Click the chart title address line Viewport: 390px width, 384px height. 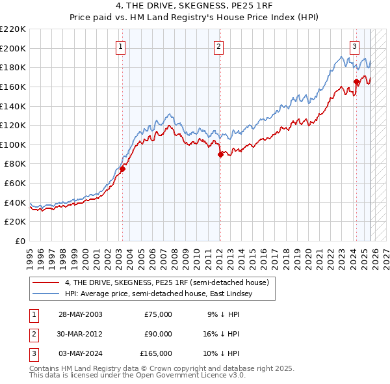pyautogui.click(x=195, y=6)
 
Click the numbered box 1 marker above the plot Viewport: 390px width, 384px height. pyautogui.click(x=122, y=46)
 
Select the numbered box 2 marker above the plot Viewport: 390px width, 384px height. pyautogui.click(x=219, y=46)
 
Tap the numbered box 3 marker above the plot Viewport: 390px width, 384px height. pyautogui.click(x=354, y=46)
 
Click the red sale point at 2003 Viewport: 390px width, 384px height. pyautogui.click(x=122, y=169)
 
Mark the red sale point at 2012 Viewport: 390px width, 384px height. pyautogui.click(x=220, y=154)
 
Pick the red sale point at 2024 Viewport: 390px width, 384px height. pyautogui.click(x=356, y=82)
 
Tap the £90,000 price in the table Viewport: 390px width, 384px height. pyautogui.click(x=158, y=334)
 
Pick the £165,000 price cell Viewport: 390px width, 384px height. pyautogui.click(x=156, y=353)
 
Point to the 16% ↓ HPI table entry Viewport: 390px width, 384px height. pyautogui.click(x=223, y=334)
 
